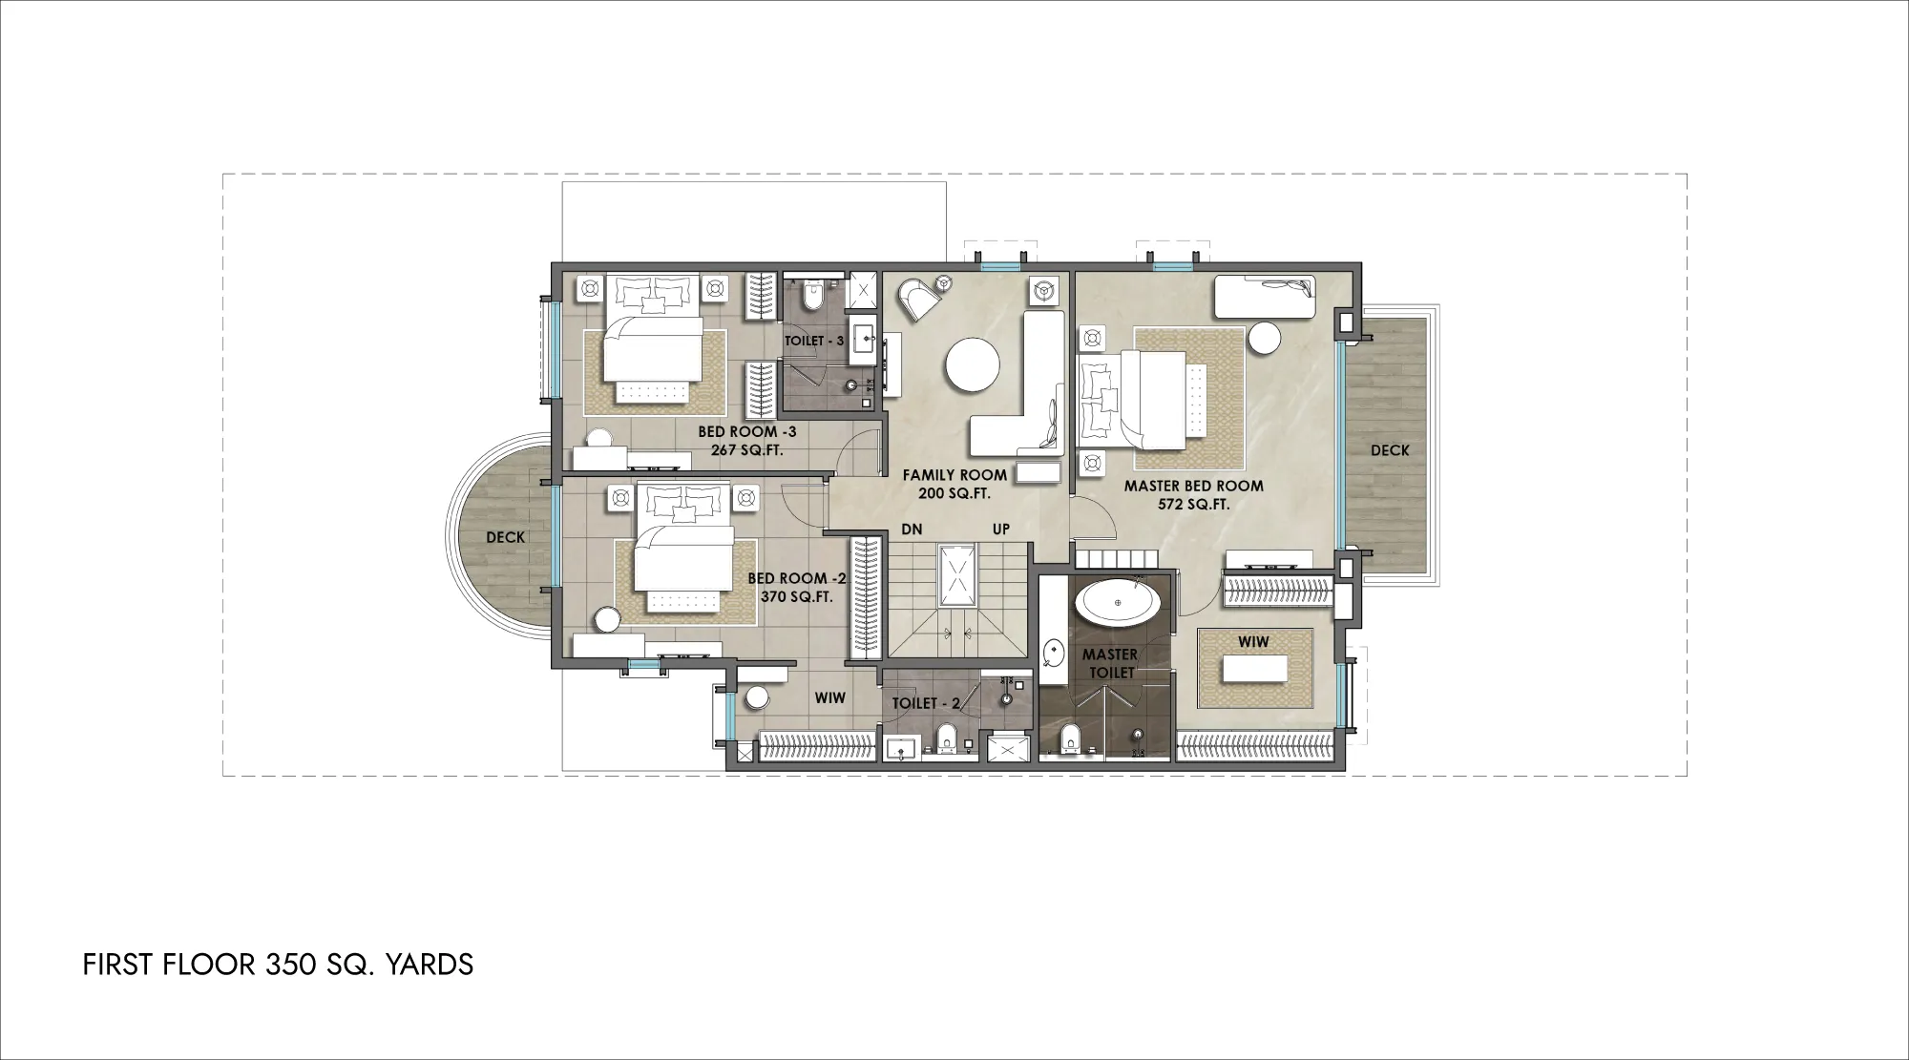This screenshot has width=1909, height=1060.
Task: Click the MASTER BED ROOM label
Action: [1193, 486]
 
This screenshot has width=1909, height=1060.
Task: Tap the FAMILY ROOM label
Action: [954, 475]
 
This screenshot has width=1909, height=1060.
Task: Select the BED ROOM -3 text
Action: [746, 432]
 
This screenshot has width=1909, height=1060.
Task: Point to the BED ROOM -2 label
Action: [797, 578]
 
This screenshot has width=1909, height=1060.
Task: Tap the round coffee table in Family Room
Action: [973, 365]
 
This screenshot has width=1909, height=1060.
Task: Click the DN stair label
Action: [912, 530]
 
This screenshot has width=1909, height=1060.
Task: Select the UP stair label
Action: [1001, 530]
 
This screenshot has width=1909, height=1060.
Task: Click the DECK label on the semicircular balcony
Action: [505, 537]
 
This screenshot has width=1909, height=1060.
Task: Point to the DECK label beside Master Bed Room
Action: [1390, 450]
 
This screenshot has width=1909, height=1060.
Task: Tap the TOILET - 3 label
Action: [814, 341]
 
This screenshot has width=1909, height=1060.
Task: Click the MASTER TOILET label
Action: [1110, 663]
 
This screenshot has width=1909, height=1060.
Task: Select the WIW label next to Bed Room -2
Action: [829, 698]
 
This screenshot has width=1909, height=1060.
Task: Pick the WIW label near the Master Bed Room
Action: [1253, 642]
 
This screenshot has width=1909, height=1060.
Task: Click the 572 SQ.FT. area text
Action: [1193, 505]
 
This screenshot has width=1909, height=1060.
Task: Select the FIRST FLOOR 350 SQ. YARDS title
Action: [278, 965]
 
